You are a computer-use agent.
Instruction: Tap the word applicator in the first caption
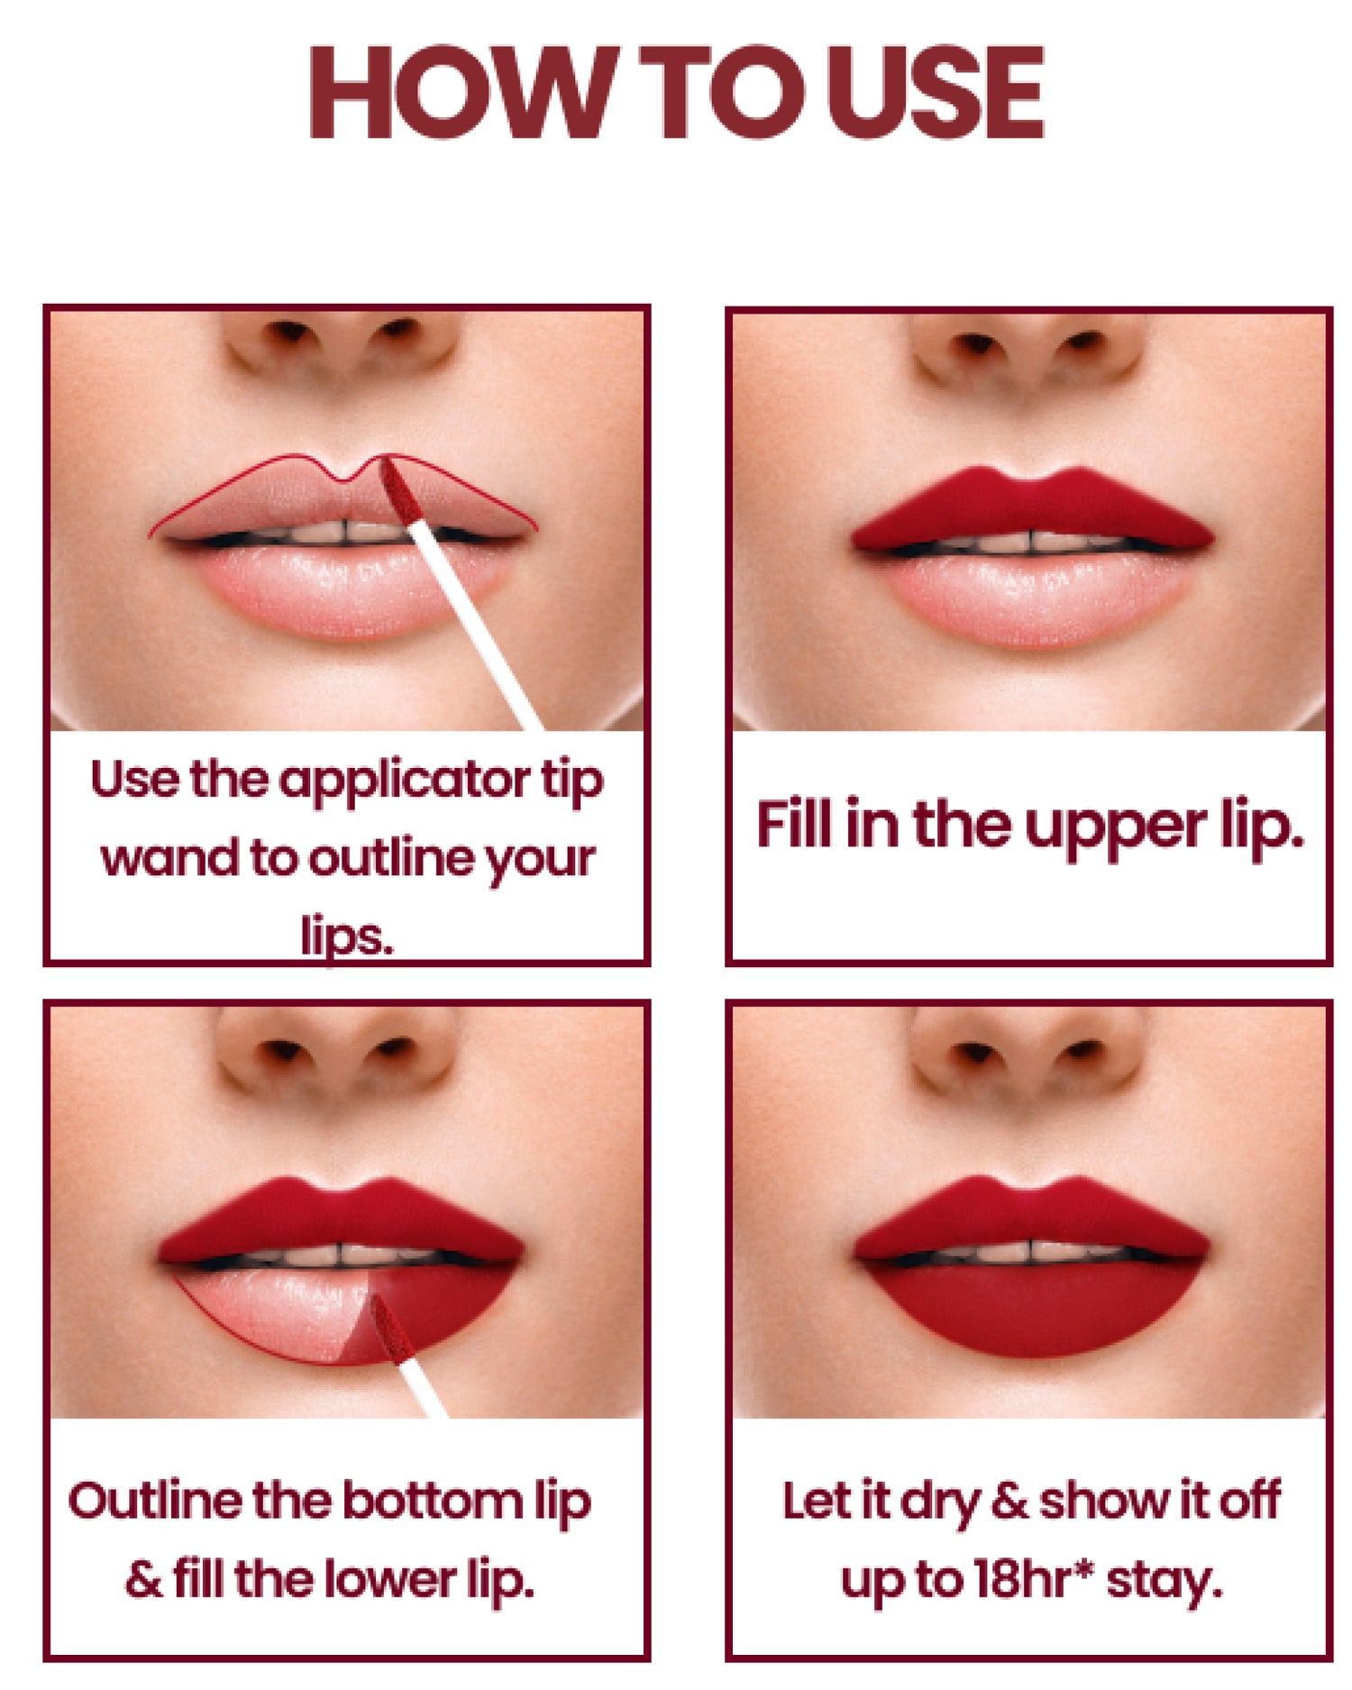(403, 780)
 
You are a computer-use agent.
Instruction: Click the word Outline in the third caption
(154, 1501)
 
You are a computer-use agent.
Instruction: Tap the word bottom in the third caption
(432, 1501)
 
